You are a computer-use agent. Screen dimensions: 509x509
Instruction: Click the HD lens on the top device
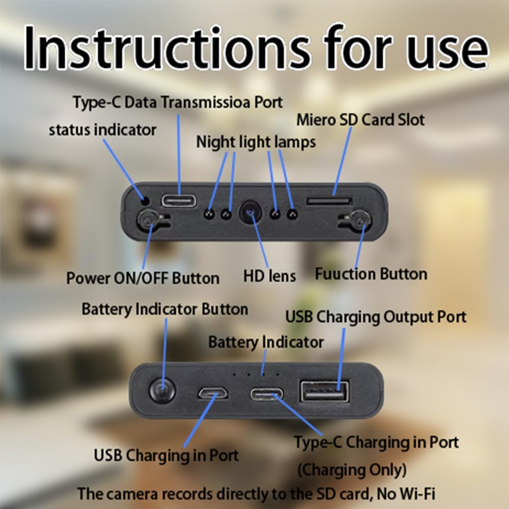tap(250, 211)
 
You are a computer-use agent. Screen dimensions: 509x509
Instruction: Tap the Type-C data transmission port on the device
tap(179, 200)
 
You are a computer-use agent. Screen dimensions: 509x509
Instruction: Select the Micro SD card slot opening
tap(329, 201)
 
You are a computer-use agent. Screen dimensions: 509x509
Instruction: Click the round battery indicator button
tap(162, 391)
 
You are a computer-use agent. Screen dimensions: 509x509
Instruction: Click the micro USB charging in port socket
tap(213, 394)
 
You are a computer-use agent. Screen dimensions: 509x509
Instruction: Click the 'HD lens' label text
tap(269, 276)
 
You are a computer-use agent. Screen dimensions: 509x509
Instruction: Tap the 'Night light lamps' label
tap(256, 142)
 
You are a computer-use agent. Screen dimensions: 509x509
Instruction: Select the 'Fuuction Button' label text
tap(371, 274)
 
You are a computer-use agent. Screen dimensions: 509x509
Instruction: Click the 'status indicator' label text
tap(102, 130)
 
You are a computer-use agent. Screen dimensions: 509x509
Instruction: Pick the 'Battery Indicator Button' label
tap(164, 309)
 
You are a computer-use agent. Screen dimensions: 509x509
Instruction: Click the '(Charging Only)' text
tap(351, 468)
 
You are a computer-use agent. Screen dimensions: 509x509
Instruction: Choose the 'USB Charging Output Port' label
tap(376, 317)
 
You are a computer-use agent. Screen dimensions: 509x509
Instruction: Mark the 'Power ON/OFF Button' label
tap(143, 278)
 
